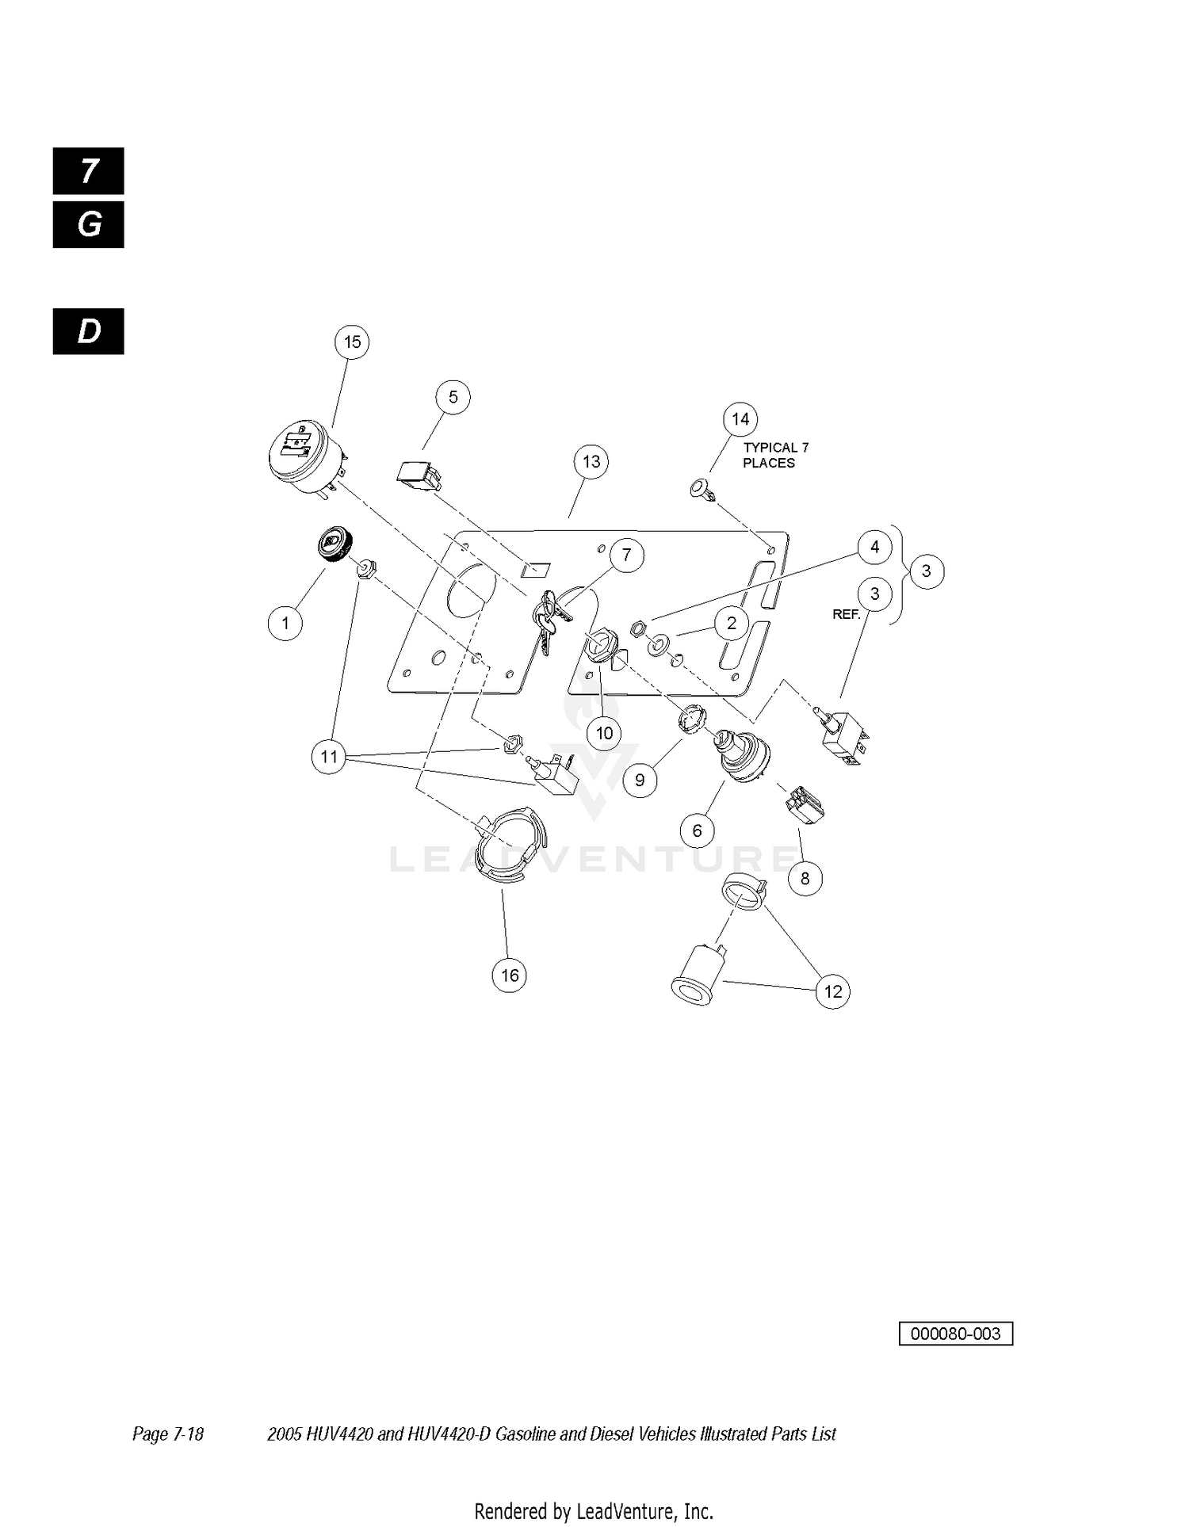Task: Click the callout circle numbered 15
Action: coord(352,342)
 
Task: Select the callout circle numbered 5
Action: coord(453,397)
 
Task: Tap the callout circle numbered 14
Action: coord(740,419)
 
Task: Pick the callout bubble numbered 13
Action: coord(591,462)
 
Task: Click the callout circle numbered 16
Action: coord(510,975)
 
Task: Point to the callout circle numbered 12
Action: coord(833,991)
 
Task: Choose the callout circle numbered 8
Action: coord(805,878)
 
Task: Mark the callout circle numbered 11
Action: coord(329,757)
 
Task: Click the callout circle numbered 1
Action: coord(285,623)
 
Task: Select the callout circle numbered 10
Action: coord(604,733)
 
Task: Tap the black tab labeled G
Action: coord(89,225)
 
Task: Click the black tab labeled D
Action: coord(89,331)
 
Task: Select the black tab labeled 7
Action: coord(89,171)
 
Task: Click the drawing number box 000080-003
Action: coord(956,1334)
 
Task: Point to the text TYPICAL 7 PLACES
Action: coord(775,455)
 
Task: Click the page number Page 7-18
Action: coord(168,1433)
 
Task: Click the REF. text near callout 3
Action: coord(847,614)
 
